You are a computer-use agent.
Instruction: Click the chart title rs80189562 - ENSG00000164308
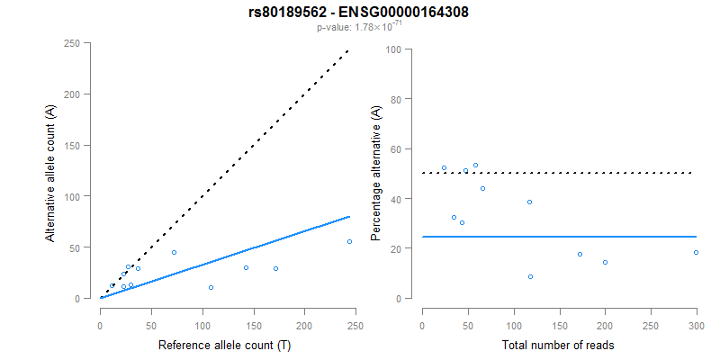359,13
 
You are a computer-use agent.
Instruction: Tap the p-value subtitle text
359,27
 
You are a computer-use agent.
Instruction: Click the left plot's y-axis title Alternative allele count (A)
52,171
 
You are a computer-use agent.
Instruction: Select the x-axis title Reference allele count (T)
224,345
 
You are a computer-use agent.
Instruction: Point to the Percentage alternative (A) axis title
376,171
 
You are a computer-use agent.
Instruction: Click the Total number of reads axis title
559,345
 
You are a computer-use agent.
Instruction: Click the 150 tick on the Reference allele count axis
254,315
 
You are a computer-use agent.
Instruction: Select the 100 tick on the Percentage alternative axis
392,49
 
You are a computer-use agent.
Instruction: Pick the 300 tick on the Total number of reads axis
697,315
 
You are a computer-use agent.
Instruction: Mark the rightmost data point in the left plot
349,241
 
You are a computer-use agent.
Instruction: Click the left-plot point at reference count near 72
174,252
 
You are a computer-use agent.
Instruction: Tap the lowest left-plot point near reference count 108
211,288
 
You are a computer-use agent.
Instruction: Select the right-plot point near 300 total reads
696,252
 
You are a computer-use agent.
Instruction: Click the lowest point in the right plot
530,276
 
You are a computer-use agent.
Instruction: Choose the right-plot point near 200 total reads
605,262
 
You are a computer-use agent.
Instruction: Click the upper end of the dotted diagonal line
348,51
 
